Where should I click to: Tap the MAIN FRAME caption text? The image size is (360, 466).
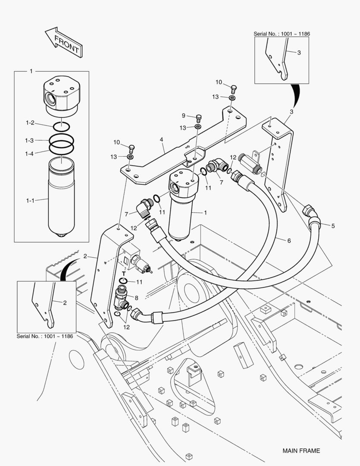(301, 451)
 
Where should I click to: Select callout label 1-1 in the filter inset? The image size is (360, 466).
(30, 200)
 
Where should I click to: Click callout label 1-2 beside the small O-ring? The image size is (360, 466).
(30, 123)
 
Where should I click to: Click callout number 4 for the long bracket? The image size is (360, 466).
(161, 139)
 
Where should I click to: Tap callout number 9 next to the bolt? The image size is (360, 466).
(183, 115)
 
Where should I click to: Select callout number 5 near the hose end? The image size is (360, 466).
(332, 225)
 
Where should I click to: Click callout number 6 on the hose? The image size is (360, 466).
(289, 240)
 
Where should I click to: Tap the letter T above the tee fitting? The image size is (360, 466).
(123, 274)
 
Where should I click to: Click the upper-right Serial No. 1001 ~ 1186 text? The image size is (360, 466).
(282, 34)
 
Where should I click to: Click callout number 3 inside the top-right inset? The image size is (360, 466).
(299, 52)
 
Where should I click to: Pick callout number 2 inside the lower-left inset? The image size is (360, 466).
(65, 302)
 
